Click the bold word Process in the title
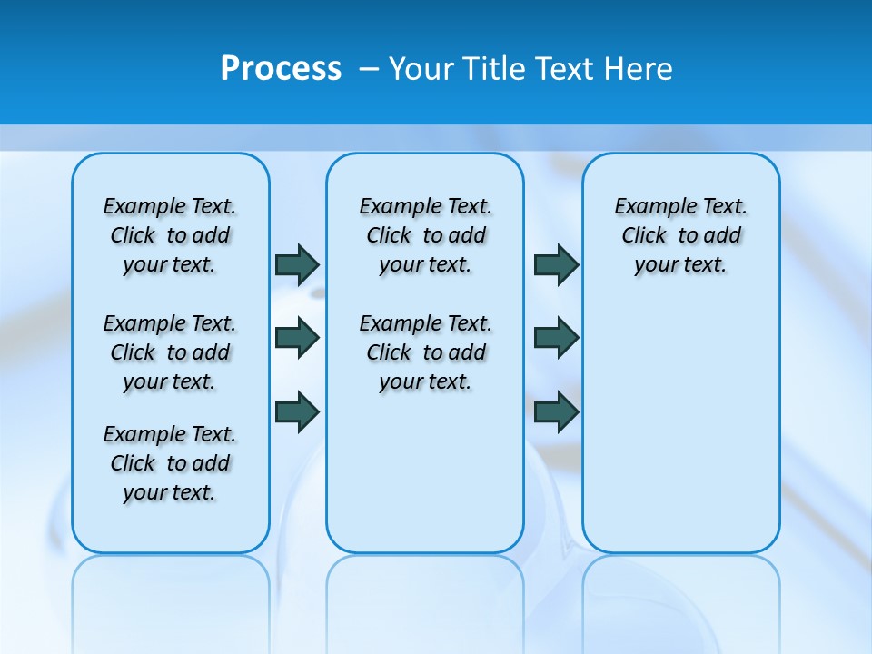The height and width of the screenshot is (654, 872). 281,68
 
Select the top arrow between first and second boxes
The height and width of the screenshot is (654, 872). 297,264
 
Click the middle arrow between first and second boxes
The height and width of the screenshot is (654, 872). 297,339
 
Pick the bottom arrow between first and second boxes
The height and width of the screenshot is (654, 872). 297,411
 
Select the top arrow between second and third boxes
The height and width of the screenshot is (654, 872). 556,264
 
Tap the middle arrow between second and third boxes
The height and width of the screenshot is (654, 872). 556,339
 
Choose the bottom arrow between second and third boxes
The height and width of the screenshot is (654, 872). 556,411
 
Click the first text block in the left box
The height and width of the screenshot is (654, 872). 170,235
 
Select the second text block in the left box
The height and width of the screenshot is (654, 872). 170,352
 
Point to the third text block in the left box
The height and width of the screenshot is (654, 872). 170,463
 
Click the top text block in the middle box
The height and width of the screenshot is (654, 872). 425,235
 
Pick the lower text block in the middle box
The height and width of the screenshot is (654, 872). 425,352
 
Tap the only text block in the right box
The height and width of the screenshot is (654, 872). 680,235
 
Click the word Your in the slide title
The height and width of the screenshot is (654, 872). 421,69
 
